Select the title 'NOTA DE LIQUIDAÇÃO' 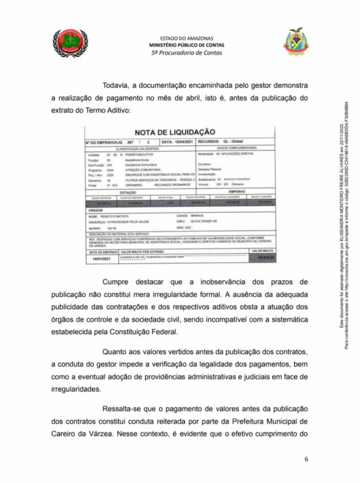pyautogui.click(x=175, y=132)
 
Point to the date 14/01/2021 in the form pyautogui.click(x=100, y=258)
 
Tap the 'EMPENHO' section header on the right pyautogui.click(x=237, y=192)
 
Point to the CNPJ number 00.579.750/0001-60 pyautogui.click(x=204, y=221)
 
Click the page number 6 pyautogui.click(x=306, y=460)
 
